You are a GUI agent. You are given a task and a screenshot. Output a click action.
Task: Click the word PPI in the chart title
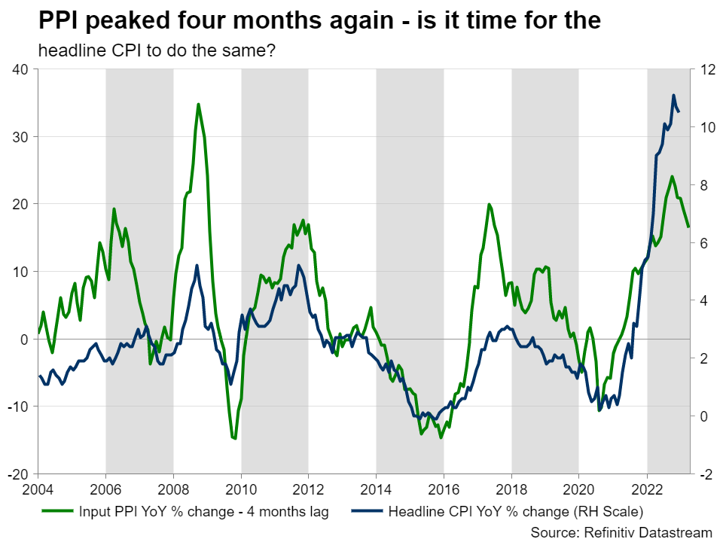click(60, 21)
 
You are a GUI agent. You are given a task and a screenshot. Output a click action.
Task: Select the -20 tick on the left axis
click(18, 475)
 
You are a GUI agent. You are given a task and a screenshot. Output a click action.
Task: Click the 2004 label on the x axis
click(38, 489)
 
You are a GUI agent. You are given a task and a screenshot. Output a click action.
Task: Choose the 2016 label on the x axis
click(444, 489)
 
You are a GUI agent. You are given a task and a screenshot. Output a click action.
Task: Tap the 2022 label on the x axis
click(647, 489)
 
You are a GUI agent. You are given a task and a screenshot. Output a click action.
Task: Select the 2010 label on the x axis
click(241, 489)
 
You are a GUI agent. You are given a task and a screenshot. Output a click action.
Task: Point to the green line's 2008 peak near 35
click(198, 104)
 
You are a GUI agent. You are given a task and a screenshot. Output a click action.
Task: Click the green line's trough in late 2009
click(235, 438)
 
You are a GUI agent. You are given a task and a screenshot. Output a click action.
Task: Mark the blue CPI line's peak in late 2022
click(673, 96)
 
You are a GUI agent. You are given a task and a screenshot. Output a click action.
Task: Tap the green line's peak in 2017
click(489, 204)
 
